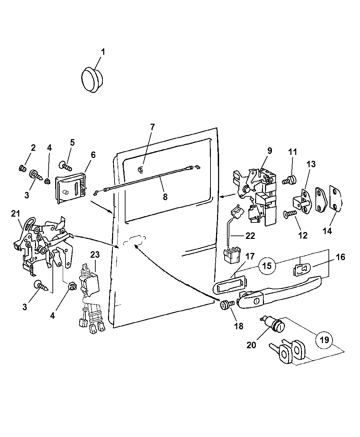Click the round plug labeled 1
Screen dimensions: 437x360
pyautogui.click(x=93, y=80)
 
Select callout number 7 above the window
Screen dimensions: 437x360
pyautogui.click(x=152, y=127)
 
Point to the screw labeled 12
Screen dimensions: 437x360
pyautogui.click(x=289, y=214)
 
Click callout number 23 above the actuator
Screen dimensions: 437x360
pyautogui.click(x=95, y=255)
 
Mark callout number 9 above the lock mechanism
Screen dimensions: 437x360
pyautogui.click(x=269, y=150)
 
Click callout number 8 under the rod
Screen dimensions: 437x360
pyautogui.click(x=165, y=197)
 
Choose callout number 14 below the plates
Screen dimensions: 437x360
pyautogui.click(x=327, y=231)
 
